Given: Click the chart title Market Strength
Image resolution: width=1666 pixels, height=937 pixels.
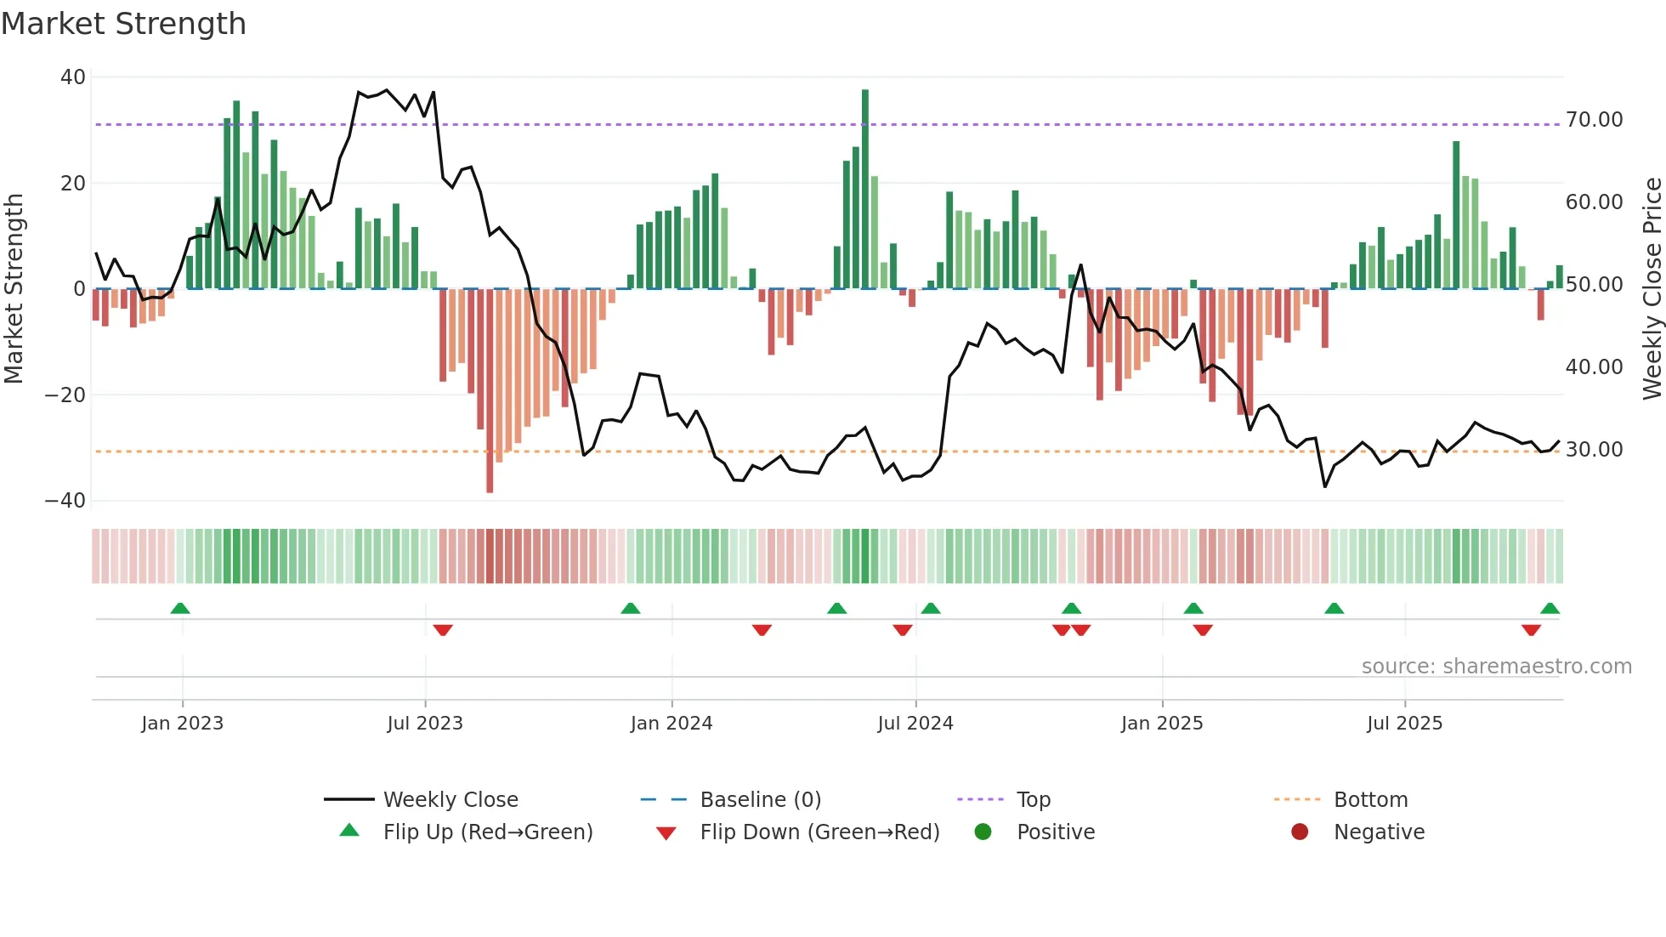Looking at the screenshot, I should (x=123, y=24).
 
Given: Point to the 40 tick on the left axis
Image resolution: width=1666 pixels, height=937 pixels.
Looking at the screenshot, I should (x=73, y=77).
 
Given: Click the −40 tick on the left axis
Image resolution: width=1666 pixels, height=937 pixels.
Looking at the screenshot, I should (x=65, y=501).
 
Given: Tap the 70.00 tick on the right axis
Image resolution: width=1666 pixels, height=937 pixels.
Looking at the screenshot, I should (x=1594, y=120).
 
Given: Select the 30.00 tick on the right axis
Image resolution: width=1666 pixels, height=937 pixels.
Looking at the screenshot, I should (x=1594, y=450).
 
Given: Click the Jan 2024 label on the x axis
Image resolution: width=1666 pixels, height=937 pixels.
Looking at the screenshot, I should (x=671, y=724).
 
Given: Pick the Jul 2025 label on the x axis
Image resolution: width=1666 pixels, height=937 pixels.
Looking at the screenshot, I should (x=1404, y=724).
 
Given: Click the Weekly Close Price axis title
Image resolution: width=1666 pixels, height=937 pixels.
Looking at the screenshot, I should (x=1652, y=289).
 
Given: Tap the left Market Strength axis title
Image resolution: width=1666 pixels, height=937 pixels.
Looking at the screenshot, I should (x=14, y=289).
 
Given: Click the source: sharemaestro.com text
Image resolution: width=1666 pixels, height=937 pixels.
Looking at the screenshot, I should (x=1496, y=667).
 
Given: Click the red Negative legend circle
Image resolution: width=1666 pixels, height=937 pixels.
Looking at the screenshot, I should (x=1300, y=832).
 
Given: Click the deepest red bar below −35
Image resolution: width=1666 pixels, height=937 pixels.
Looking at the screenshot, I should (x=490, y=391).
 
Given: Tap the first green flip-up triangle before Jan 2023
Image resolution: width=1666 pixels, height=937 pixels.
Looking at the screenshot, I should (x=180, y=608).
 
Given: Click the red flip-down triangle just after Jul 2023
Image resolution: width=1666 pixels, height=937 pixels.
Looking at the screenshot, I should (x=443, y=630).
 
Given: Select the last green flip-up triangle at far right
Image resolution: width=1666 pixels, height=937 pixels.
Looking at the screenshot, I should (x=1550, y=608).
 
